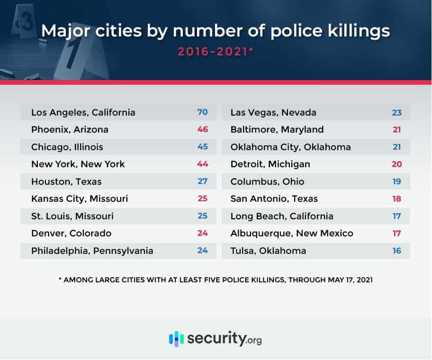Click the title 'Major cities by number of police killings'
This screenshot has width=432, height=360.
click(216, 31)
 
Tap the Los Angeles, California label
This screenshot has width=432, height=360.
click(83, 112)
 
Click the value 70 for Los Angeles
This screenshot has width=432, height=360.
click(203, 112)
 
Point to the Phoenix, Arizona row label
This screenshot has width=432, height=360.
click(70, 129)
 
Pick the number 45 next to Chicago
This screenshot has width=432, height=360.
click(203, 147)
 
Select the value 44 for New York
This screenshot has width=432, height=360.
click(203, 164)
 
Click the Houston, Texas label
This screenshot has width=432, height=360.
click(66, 181)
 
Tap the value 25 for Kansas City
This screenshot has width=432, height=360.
click(203, 198)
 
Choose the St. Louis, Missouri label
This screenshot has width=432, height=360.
click(72, 216)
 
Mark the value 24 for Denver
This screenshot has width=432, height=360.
click(203, 233)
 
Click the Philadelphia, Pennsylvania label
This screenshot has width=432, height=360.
click(92, 251)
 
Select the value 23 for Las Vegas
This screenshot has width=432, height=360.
click(396, 112)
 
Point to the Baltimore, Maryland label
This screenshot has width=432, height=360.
click(277, 129)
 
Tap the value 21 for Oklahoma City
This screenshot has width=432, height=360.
click(396, 147)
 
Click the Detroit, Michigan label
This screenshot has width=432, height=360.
click(270, 164)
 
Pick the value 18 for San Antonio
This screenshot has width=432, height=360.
click(396, 198)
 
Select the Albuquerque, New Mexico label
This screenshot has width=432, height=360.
click(292, 233)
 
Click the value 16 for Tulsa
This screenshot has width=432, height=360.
click(396, 251)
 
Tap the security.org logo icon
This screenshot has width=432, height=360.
click(176, 339)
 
